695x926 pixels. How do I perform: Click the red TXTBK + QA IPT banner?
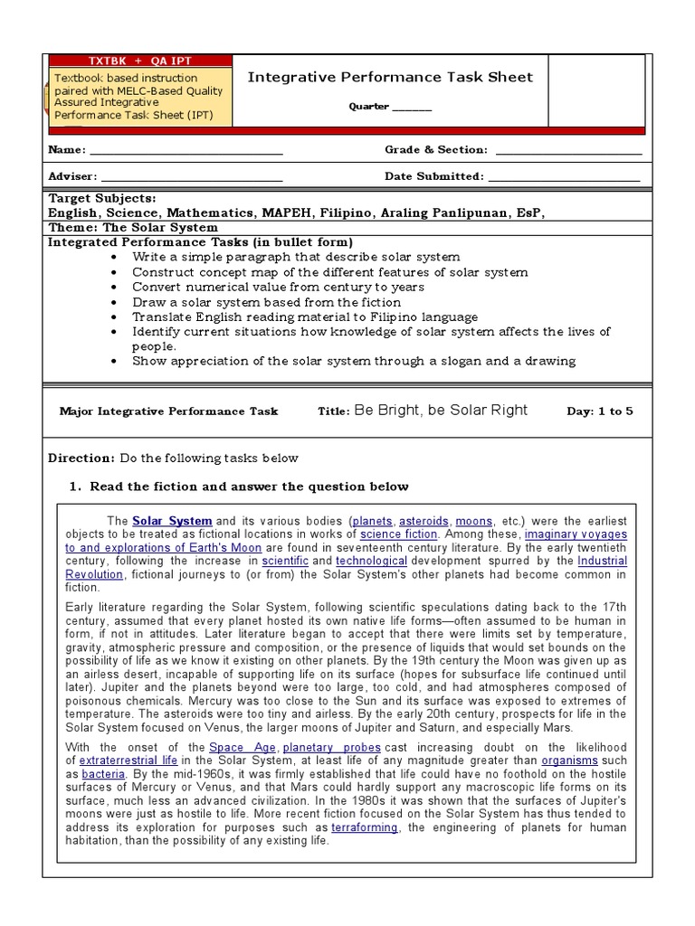click(139, 61)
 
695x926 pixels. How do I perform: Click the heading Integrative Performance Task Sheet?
click(390, 77)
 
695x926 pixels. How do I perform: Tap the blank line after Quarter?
click(412, 108)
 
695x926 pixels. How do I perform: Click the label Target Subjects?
click(101, 198)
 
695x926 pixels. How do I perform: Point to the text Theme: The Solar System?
click(132, 228)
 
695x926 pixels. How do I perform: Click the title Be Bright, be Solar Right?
click(441, 411)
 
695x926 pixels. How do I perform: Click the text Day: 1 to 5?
click(600, 411)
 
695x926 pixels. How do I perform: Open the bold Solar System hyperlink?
click(172, 522)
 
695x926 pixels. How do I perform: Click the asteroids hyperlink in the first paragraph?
click(424, 522)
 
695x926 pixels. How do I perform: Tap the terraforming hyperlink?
click(365, 827)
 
